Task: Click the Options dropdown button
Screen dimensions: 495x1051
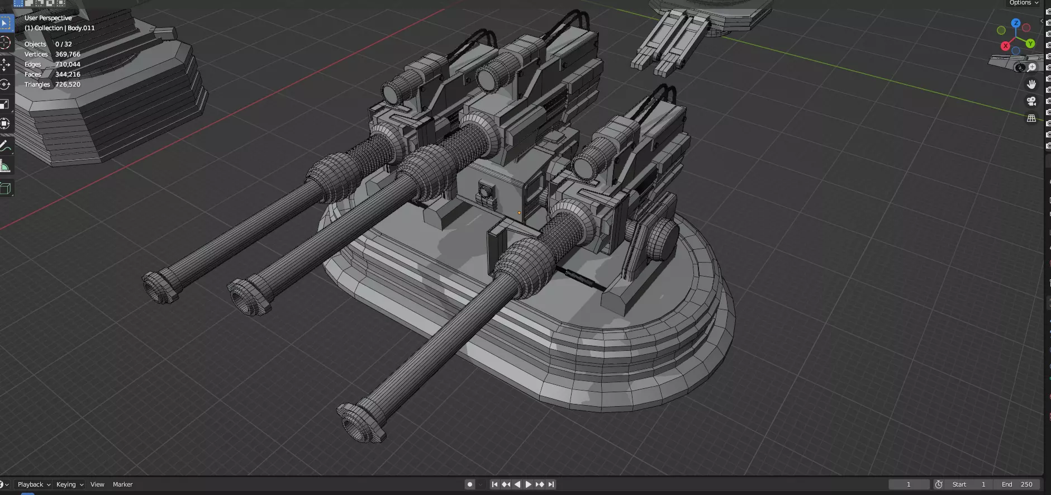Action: (x=1024, y=3)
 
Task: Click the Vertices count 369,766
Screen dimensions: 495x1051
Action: (x=68, y=54)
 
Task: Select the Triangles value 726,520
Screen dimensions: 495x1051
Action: (x=68, y=84)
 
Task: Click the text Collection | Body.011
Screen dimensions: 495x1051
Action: (x=59, y=28)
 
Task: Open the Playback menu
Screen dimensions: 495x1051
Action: (x=34, y=484)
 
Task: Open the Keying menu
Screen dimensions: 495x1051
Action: (x=69, y=484)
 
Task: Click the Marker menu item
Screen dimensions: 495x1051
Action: (x=122, y=484)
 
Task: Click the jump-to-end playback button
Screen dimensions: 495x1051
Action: (x=551, y=484)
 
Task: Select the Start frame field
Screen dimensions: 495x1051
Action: (x=969, y=484)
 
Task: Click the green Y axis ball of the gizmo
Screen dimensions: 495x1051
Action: (x=1030, y=44)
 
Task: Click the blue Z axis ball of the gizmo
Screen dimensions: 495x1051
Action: (x=1016, y=23)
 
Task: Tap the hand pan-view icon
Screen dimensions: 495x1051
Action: (x=1031, y=84)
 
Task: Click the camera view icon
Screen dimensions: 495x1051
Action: (x=1031, y=101)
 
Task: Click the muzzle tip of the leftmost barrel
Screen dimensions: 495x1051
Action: (x=160, y=286)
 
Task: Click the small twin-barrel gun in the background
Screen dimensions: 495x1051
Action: (x=665, y=45)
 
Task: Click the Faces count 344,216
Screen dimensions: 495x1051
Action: (x=68, y=74)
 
